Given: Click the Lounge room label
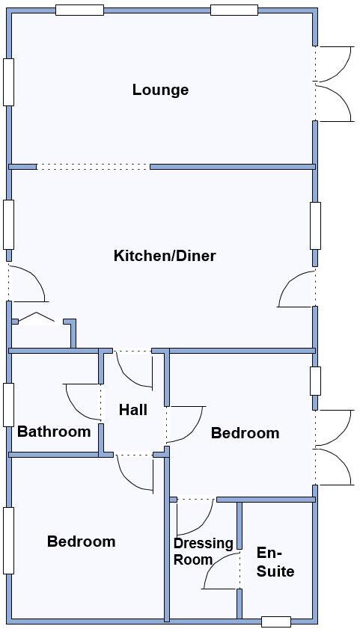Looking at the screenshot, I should tap(160, 90).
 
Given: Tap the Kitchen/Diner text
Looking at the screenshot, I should tap(165, 256).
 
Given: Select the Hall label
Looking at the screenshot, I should tap(133, 410).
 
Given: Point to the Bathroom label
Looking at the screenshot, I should tap(54, 432).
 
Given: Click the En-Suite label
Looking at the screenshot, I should tap(275, 562).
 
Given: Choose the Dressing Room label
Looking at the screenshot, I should tap(203, 551).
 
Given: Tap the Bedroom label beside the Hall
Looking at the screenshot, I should tap(245, 433).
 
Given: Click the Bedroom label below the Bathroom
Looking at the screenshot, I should tap(81, 541).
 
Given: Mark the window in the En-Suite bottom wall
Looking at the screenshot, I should tap(275, 622).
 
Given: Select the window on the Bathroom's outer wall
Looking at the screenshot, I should tap(8, 405).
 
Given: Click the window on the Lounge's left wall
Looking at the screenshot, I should tap(8, 82).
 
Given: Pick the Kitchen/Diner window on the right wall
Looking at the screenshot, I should tap(315, 225).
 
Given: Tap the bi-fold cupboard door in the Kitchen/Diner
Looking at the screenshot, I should tap(36, 319).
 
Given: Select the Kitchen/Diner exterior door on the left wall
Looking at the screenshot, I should tap(28, 283).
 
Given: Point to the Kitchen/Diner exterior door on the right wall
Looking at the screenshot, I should tap(296, 289).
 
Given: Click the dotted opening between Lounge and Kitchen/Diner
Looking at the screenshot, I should tap(93, 167).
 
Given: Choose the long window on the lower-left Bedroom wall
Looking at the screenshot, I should tap(8, 540).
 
